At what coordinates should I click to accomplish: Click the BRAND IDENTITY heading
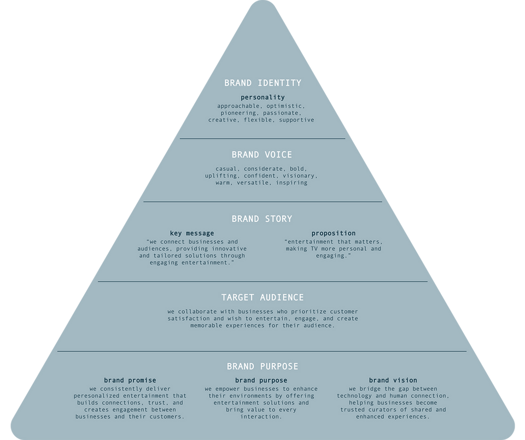coord(262,83)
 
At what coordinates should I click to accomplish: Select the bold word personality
coord(262,97)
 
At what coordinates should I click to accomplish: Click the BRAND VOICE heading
coord(261,155)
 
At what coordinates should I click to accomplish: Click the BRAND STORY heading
coord(261,219)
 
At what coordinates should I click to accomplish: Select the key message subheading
coord(191,233)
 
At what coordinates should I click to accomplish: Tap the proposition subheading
coord(334,233)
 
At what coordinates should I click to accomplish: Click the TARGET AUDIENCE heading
coord(262,297)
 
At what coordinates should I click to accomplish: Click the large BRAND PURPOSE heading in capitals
coord(262,366)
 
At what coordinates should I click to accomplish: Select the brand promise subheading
coord(130,380)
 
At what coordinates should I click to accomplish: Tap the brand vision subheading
coord(393,380)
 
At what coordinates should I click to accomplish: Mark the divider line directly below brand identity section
coord(262,139)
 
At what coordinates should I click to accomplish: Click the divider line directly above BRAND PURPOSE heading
coord(262,351)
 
